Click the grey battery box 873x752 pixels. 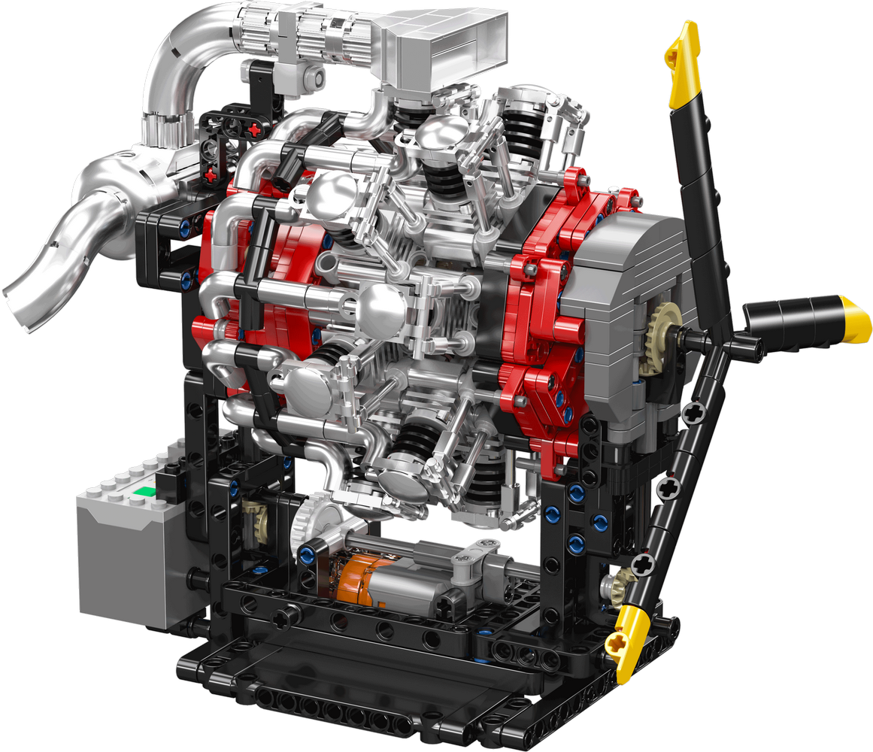click(128, 556)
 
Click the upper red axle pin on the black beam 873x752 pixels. click(256, 129)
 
